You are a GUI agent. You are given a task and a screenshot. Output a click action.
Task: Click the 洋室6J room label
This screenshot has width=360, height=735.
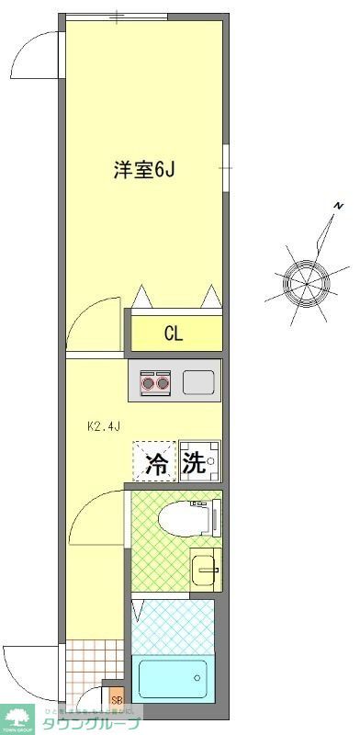(x=143, y=170)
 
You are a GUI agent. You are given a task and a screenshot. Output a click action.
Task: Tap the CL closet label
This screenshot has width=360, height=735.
(x=174, y=333)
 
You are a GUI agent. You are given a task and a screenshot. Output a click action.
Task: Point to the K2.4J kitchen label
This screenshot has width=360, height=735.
(x=105, y=426)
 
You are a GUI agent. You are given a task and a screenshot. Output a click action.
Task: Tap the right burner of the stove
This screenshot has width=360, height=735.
(x=163, y=381)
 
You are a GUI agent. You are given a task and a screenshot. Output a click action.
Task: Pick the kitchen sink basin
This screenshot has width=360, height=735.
(x=198, y=381)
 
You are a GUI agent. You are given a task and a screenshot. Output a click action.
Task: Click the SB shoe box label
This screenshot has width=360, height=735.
(x=116, y=701)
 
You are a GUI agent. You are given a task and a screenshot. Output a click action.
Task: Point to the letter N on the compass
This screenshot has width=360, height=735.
(x=338, y=204)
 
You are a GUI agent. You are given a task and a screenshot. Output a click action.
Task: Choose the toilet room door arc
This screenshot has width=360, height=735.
(x=96, y=519)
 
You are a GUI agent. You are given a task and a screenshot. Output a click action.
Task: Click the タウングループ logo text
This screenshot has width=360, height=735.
(x=92, y=723)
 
